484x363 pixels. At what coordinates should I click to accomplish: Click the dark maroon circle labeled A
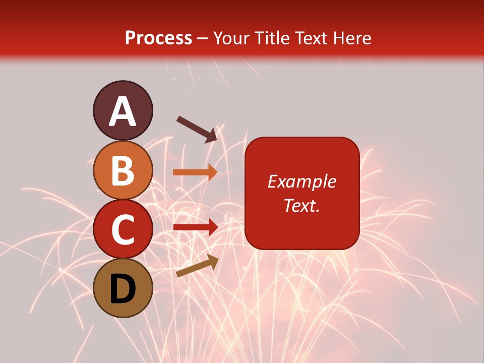(x=123, y=110)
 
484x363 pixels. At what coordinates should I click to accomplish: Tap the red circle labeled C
(x=123, y=228)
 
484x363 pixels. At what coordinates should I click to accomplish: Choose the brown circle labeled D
(x=123, y=288)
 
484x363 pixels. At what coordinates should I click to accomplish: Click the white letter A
(x=123, y=111)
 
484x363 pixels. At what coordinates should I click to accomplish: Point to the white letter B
(x=123, y=170)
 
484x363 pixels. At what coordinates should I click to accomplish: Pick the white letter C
(x=123, y=229)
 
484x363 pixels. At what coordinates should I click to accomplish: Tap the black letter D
(x=123, y=289)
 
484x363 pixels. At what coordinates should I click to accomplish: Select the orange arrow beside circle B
(x=195, y=172)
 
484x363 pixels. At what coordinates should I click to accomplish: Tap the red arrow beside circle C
(x=195, y=227)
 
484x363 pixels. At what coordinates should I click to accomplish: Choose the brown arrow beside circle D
(x=197, y=266)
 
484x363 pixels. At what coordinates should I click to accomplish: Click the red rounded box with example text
(x=302, y=193)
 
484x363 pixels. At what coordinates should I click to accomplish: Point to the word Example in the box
(x=302, y=181)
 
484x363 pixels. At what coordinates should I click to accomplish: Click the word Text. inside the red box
(x=301, y=205)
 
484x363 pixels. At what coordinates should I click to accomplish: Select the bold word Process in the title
(x=158, y=38)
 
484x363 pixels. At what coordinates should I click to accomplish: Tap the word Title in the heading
(x=272, y=38)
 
